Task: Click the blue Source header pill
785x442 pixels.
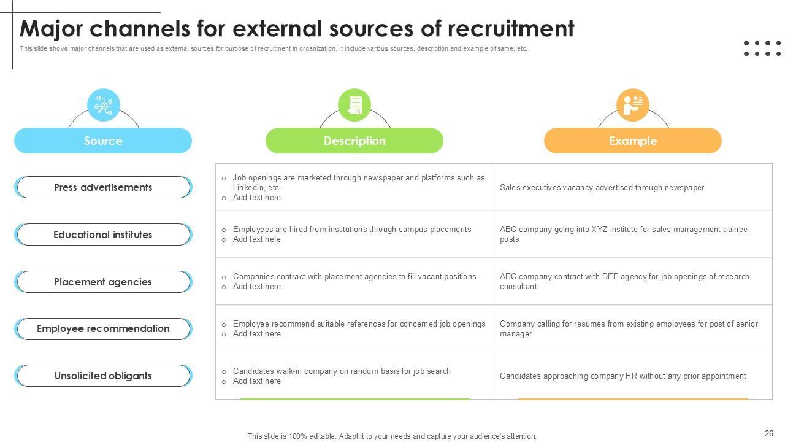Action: click(103, 141)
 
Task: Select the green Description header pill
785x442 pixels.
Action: click(354, 141)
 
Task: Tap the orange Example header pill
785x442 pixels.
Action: click(633, 141)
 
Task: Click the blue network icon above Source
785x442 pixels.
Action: click(104, 105)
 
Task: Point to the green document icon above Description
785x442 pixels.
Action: click(354, 105)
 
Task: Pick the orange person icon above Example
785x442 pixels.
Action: click(632, 105)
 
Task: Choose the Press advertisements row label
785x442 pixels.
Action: click(103, 187)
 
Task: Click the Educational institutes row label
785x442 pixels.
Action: click(103, 235)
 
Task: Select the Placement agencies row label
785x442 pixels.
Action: click(103, 282)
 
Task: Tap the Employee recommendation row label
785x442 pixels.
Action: click(103, 328)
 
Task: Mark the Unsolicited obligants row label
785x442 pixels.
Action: click(103, 376)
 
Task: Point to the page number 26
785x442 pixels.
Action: click(769, 433)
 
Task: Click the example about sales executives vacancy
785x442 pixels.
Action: click(602, 188)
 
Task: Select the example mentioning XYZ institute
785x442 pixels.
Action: click(623, 234)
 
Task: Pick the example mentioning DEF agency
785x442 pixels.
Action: click(624, 281)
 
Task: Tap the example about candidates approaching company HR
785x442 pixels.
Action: click(622, 376)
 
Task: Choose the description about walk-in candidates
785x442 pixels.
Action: click(342, 371)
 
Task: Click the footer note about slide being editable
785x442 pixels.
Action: click(392, 436)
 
